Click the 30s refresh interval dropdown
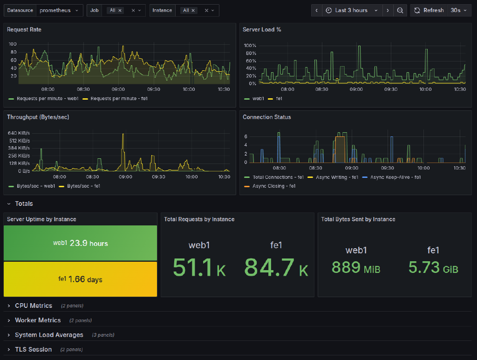point(458,10)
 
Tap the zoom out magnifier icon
point(400,10)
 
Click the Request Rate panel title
point(24,29)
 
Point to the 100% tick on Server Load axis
point(250,46)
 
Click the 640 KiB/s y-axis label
point(19,133)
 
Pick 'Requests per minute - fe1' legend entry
point(119,99)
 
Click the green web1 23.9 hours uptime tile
point(80,243)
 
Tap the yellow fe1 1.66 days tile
point(80,279)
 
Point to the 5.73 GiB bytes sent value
point(433,268)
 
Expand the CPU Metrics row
point(34,306)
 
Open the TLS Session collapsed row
point(33,349)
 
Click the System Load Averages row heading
point(49,335)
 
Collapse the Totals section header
point(24,204)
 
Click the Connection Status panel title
point(266,117)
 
